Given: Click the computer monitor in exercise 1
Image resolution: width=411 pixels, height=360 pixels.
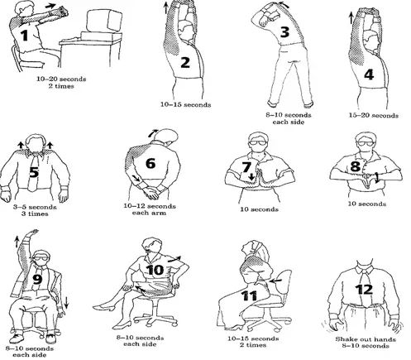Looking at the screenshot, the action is tap(103, 21).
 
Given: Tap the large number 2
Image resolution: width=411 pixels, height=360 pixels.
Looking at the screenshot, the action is tap(185, 62).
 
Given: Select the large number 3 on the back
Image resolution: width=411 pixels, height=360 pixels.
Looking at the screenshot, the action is tap(284, 32).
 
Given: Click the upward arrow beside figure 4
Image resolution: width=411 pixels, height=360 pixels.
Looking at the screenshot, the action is tap(351, 17).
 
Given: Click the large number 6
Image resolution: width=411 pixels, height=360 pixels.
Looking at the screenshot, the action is tap(151, 163).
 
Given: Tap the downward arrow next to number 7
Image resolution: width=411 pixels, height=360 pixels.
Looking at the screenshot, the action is tap(251, 176).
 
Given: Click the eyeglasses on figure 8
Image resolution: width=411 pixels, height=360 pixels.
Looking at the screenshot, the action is tap(365, 143).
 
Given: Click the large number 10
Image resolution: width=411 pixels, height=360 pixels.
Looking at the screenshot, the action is tap(155, 270).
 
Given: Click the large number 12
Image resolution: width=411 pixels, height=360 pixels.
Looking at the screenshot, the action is tap(364, 290).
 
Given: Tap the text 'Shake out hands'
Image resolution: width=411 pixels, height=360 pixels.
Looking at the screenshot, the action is tap(366, 339).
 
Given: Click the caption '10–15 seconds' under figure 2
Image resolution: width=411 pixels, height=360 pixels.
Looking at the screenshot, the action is tap(186, 105).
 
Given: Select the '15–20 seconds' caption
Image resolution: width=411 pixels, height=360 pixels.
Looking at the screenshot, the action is tap(374, 115).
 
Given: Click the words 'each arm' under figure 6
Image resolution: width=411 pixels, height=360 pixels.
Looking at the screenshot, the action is tap(149, 213).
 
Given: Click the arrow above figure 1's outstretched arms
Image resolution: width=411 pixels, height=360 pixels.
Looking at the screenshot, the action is tap(50, 6).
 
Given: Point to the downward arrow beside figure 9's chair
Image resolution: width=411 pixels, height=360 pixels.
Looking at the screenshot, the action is tap(66, 302).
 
